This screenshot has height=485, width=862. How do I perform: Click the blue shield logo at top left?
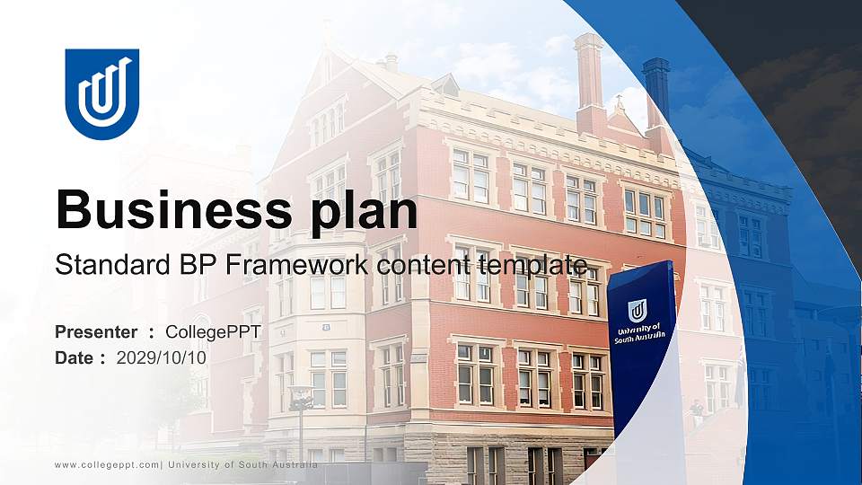pos(102,93)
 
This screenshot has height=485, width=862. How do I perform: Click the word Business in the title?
pos(174,209)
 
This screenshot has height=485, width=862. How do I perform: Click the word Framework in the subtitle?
pos(296,265)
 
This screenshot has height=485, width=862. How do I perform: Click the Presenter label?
pos(96,332)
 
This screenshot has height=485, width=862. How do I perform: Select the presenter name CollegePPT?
pos(214,332)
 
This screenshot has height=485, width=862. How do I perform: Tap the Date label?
pos(75,358)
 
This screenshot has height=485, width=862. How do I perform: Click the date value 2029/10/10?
pos(161,358)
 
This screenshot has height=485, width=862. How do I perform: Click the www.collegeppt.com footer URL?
pos(107,465)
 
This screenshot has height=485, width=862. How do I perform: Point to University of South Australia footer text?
pos(242,465)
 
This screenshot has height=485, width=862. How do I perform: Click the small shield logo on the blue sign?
pos(638,311)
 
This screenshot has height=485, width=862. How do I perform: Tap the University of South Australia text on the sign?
pos(640,334)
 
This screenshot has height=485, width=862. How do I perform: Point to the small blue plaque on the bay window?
pos(326,328)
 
